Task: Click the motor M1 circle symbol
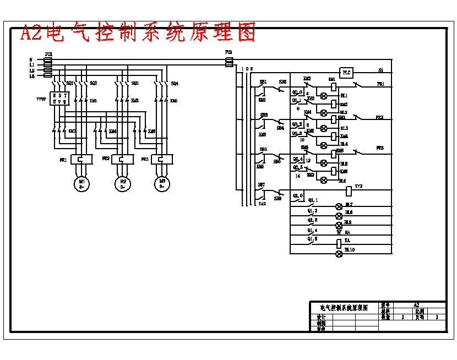point(81,183)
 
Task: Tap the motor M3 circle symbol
point(162,183)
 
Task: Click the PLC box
point(346,72)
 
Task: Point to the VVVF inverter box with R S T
point(58,99)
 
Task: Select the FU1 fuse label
point(48,54)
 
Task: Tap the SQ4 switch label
point(174,83)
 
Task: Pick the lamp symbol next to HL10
point(339,253)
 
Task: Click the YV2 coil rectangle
point(348,191)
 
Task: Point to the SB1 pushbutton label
point(263,82)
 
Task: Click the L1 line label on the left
point(32,65)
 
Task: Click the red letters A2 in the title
point(31,33)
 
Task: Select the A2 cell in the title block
point(416,304)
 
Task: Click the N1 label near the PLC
point(380,70)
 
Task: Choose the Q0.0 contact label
point(297,92)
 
